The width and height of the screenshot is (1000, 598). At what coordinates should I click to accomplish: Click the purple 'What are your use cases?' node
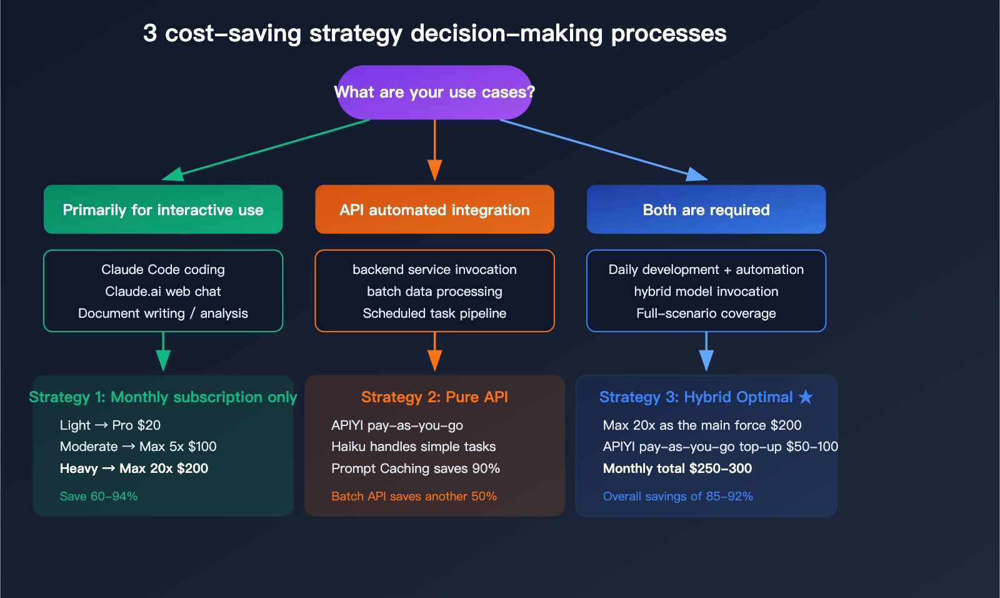tap(434, 93)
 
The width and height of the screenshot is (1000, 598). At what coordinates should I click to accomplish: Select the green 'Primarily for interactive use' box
tap(163, 210)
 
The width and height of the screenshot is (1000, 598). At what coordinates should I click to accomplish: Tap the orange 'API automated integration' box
tap(434, 210)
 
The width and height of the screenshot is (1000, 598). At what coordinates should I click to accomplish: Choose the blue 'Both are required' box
tap(706, 210)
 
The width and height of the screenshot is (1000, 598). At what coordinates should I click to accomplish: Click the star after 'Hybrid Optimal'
tap(806, 397)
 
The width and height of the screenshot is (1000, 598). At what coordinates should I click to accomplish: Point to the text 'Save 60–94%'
tap(99, 496)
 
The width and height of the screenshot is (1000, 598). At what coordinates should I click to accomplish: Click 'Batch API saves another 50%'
tap(414, 496)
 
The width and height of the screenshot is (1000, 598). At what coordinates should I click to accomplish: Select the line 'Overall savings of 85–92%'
tap(677, 496)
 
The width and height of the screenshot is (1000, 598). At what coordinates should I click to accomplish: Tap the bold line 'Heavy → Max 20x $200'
tap(134, 469)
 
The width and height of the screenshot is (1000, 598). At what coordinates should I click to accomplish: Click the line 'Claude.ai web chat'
tap(163, 291)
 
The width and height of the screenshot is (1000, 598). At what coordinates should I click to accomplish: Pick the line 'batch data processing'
tap(434, 291)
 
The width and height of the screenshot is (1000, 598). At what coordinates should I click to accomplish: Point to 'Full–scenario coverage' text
tap(706, 313)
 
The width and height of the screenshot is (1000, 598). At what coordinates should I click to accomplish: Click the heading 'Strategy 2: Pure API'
tap(434, 397)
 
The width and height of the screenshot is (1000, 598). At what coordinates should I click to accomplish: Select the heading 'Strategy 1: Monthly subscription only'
tap(163, 397)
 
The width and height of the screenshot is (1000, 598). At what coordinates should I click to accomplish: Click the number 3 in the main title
tap(149, 33)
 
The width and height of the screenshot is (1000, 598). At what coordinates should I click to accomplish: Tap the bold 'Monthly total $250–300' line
tap(677, 469)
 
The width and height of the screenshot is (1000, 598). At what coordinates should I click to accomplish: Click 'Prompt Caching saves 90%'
tap(416, 469)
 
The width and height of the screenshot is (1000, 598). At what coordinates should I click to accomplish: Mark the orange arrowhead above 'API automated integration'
tap(434, 170)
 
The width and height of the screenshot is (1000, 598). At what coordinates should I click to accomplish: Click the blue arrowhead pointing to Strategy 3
tap(706, 360)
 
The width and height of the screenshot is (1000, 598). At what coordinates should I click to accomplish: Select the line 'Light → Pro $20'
tap(110, 425)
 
